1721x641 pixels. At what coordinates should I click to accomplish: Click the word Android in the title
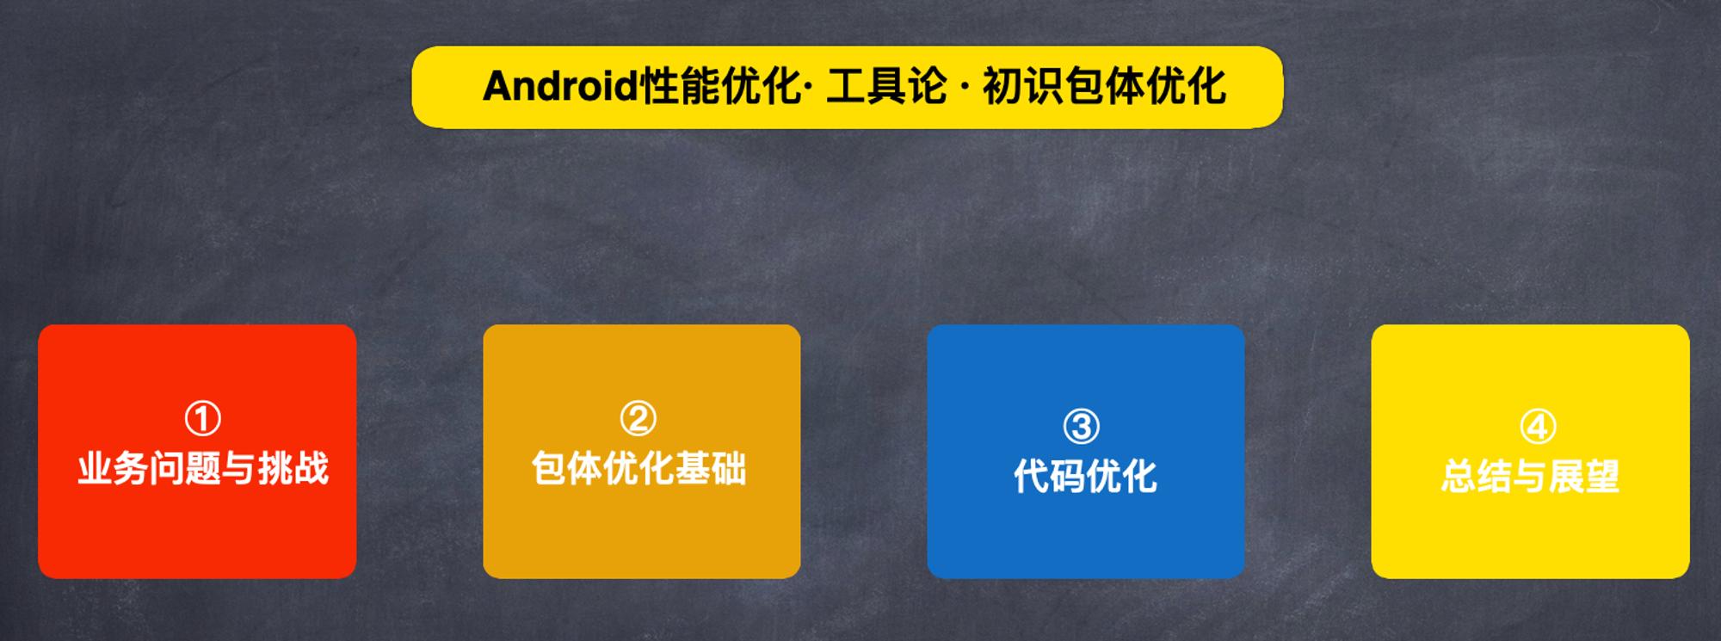pyautogui.click(x=560, y=86)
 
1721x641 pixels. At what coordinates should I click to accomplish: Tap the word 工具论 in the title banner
pyautogui.click(x=886, y=86)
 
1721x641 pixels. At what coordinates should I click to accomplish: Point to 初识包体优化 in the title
pyautogui.click(x=1104, y=86)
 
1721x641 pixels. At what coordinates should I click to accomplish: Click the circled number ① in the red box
pyautogui.click(x=203, y=419)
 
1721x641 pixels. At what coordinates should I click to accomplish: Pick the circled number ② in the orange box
pyautogui.click(x=638, y=419)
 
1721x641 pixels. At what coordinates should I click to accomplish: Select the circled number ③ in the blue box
pyautogui.click(x=1082, y=426)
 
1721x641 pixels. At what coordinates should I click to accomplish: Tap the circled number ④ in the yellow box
pyautogui.click(x=1538, y=426)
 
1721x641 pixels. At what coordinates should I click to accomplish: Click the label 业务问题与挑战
pyautogui.click(x=203, y=469)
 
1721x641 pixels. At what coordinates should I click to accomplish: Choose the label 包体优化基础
pyautogui.click(x=638, y=469)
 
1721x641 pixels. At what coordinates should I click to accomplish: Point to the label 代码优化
pyautogui.click(x=1085, y=476)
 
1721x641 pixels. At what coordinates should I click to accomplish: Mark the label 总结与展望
pyautogui.click(x=1530, y=476)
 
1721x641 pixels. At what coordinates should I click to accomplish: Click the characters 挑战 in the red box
pyautogui.click(x=293, y=469)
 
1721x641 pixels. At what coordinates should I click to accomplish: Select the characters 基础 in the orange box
pyautogui.click(x=711, y=469)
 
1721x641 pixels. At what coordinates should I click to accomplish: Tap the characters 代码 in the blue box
pyautogui.click(x=1049, y=476)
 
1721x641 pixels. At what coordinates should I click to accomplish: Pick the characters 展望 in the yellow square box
pyautogui.click(x=1584, y=476)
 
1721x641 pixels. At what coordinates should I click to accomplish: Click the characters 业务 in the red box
pyautogui.click(x=113, y=469)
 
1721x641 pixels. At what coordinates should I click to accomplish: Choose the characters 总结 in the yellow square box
pyautogui.click(x=1477, y=476)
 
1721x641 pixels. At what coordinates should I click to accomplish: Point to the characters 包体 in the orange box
pyautogui.click(x=567, y=469)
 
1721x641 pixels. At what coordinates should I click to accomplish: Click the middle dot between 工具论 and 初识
pyautogui.click(x=964, y=87)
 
